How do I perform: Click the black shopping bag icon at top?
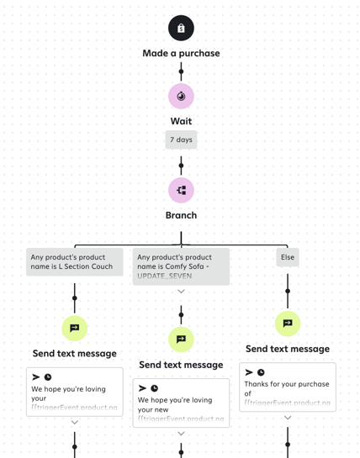pyautogui.click(x=181, y=28)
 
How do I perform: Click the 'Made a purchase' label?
pyautogui.click(x=181, y=53)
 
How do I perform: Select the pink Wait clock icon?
pyautogui.click(x=181, y=96)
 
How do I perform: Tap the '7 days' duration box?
pyautogui.click(x=181, y=140)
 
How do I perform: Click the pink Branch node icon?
pyautogui.click(x=181, y=190)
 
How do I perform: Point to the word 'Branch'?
pyautogui.click(x=181, y=215)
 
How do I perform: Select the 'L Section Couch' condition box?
pyautogui.click(x=75, y=261)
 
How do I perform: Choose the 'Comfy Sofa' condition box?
pyautogui.click(x=181, y=266)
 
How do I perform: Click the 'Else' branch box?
pyautogui.click(x=288, y=257)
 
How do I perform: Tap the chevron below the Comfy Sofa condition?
pyautogui.click(x=181, y=292)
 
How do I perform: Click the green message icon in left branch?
pyautogui.click(x=75, y=328)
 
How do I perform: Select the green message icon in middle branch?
pyautogui.click(x=181, y=340)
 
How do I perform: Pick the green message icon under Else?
pyautogui.click(x=288, y=323)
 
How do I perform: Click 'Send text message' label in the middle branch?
pyautogui.click(x=181, y=365)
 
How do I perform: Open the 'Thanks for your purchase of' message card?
pyautogui.click(x=288, y=387)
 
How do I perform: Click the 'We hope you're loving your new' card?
pyautogui.click(x=181, y=403)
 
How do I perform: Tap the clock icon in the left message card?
pyautogui.click(x=48, y=377)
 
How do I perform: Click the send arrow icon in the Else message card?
pyautogui.click(x=249, y=372)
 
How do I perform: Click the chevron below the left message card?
pyautogui.click(x=75, y=422)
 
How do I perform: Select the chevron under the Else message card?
pyautogui.click(x=288, y=418)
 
